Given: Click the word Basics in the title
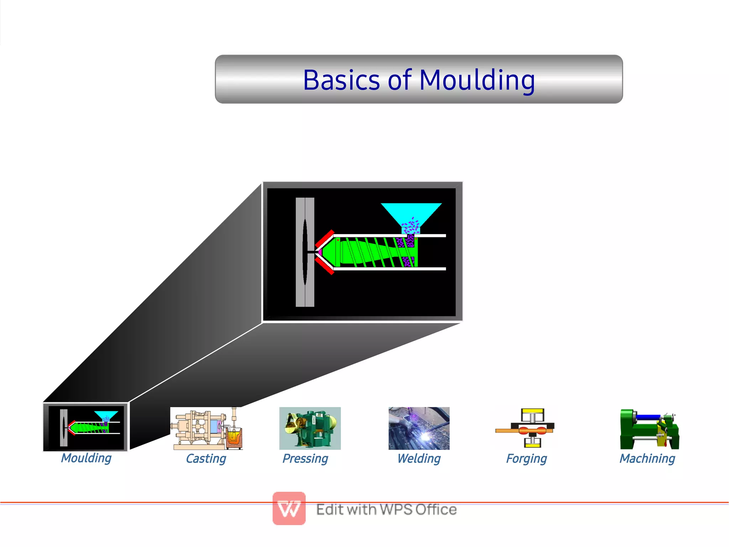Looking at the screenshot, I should click(x=341, y=80).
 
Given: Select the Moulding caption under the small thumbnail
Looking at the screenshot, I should click(x=86, y=458).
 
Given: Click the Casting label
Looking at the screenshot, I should click(x=206, y=459).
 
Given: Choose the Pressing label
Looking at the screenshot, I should click(x=305, y=459).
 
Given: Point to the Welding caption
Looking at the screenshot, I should click(x=419, y=459).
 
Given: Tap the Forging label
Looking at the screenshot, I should click(x=526, y=459).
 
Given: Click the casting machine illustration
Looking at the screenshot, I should click(x=207, y=428).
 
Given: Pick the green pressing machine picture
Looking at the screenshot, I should click(x=310, y=428).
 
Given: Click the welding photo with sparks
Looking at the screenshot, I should click(x=419, y=428).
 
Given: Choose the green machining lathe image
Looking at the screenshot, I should click(x=649, y=429).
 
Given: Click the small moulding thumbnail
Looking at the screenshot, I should click(x=85, y=427).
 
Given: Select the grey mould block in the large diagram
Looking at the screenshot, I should click(x=305, y=252).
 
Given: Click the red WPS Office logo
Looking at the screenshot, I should click(x=289, y=509).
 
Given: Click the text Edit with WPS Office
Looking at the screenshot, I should click(x=386, y=510).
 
